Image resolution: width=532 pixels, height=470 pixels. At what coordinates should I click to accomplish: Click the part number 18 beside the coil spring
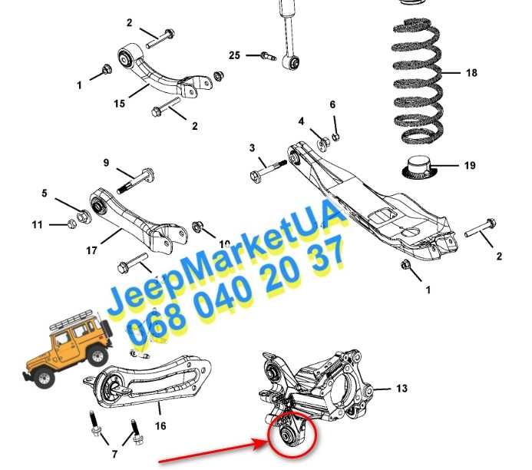pos(471,73)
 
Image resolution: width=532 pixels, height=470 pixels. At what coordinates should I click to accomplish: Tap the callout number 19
pos(470,165)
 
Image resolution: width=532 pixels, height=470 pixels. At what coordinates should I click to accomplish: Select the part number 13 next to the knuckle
pos(402,389)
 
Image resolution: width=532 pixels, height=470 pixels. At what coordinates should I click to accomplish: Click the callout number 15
pos(119,103)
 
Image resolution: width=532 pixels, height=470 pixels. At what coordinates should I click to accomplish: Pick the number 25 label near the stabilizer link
pos(234,55)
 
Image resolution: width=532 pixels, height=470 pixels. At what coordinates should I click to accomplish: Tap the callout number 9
pos(107,163)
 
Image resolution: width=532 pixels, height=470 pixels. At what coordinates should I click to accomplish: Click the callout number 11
pos(38,224)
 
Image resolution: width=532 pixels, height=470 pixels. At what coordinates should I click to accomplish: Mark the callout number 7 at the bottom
pos(115,455)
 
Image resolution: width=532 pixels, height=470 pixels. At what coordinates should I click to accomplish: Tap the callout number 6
pos(332,104)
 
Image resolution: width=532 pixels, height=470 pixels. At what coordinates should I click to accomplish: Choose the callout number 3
pos(252,147)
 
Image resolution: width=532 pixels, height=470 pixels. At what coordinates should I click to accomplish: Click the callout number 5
pos(45,193)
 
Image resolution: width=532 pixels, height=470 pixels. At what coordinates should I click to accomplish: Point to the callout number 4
pos(302,121)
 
